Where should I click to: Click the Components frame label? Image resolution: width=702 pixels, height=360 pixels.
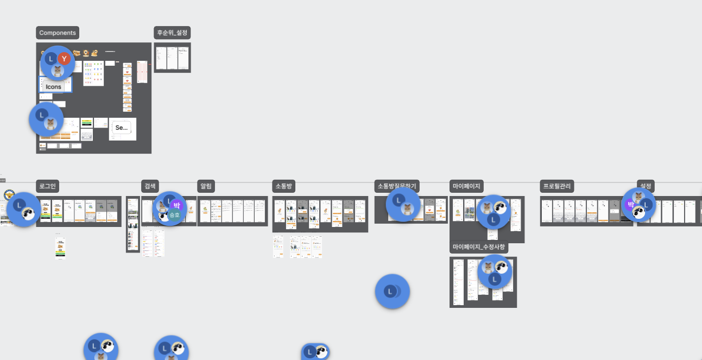pyautogui.click(x=58, y=33)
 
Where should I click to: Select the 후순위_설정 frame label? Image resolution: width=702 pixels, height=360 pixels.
pyautogui.click(x=172, y=33)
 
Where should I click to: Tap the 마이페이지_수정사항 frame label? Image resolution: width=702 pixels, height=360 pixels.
pyautogui.click(x=479, y=248)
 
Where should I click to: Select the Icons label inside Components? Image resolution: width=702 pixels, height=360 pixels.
pyautogui.click(x=54, y=87)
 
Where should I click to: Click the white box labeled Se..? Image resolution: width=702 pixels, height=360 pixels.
pyautogui.click(x=122, y=128)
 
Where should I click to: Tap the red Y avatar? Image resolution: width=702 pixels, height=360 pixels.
pyautogui.click(x=65, y=59)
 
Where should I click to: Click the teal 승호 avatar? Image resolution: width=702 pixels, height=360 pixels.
pyautogui.click(x=175, y=215)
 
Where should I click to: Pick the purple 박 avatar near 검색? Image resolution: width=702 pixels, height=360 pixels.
pyautogui.click(x=176, y=205)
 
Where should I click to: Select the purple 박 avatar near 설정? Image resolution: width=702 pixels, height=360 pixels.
pyautogui.click(x=630, y=205)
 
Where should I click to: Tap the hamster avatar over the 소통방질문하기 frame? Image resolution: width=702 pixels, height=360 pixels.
pyautogui.click(x=407, y=209)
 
